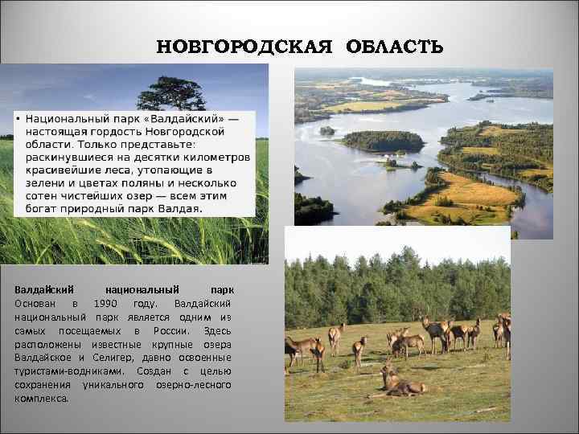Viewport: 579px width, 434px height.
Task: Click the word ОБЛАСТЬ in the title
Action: pyautogui.click(x=395, y=45)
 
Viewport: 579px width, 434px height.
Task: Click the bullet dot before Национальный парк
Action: pyautogui.click(x=17, y=119)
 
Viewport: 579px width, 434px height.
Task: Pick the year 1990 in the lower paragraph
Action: pyautogui.click(x=109, y=302)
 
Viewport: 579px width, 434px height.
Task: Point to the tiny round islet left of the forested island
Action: pyautogui.click(x=326, y=130)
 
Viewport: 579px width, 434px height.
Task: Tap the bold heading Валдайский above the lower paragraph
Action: pyautogui.click(x=44, y=289)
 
